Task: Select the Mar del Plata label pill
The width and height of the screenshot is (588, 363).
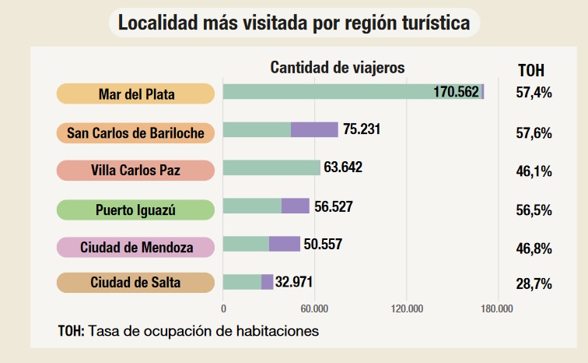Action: click(135, 94)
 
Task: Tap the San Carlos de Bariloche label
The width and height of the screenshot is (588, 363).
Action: click(135, 133)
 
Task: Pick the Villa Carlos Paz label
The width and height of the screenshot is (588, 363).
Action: click(135, 170)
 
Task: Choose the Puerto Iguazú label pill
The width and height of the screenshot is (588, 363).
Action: click(135, 210)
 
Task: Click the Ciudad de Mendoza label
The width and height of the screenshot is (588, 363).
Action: click(135, 247)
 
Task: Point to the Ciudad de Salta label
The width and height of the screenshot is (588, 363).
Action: click(135, 282)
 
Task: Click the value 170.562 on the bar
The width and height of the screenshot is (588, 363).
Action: click(457, 92)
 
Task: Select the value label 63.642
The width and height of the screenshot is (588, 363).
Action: click(343, 167)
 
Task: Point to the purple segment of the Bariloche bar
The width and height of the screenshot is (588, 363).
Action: click(314, 129)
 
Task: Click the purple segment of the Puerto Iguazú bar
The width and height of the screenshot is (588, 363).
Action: click(296, 206)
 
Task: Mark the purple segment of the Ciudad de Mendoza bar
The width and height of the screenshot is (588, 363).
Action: click(285, 244)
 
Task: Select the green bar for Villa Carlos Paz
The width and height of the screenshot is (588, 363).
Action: click(271, 167)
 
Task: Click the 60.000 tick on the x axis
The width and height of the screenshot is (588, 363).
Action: click(314, 308)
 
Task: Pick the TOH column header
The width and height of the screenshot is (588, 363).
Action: click(531, 70)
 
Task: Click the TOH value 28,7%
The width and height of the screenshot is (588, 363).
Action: click(534, 284)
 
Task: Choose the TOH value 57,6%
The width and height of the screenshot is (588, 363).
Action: click(534, 133)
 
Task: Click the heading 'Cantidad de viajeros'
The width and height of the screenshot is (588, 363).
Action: click(338, 68)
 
